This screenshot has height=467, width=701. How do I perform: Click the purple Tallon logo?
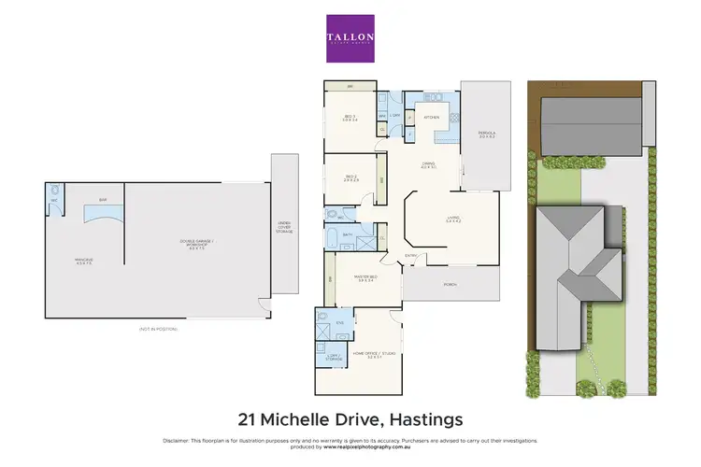pyautogui.click(x=350, y=38)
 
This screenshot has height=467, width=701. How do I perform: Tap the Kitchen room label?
pyautogui.click(x=432, y=118)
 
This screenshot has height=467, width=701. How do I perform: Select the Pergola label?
pyautogui.click(x=486, y=134)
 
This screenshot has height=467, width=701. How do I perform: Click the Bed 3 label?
pyautogui.click(x=350, y=118)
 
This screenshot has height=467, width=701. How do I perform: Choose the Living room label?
pyautogui.click(x=454, y=219)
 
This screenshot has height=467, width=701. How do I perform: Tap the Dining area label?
pyautogui.click(x=429, y=166)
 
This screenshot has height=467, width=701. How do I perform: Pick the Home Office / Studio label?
pyautogui.click(x=367, y=354)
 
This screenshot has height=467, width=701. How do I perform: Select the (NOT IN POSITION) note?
pyautogui.click(x=155, y=329)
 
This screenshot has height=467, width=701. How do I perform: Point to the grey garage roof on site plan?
pyautogui.click(x=592, y=124)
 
